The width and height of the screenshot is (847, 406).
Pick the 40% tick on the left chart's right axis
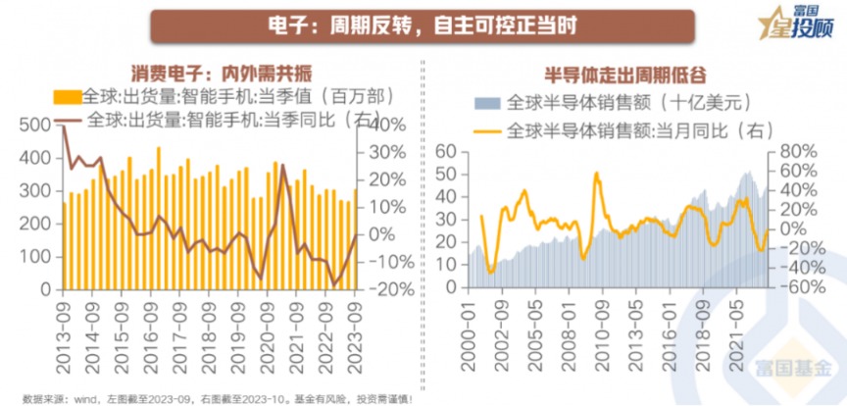click(x=383, y=125)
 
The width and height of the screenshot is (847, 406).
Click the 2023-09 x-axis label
click(x=356, y=328)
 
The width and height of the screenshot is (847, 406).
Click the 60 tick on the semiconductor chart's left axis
click(x=446, y=151)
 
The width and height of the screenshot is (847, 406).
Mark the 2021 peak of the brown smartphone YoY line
click(x=284, y=165)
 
